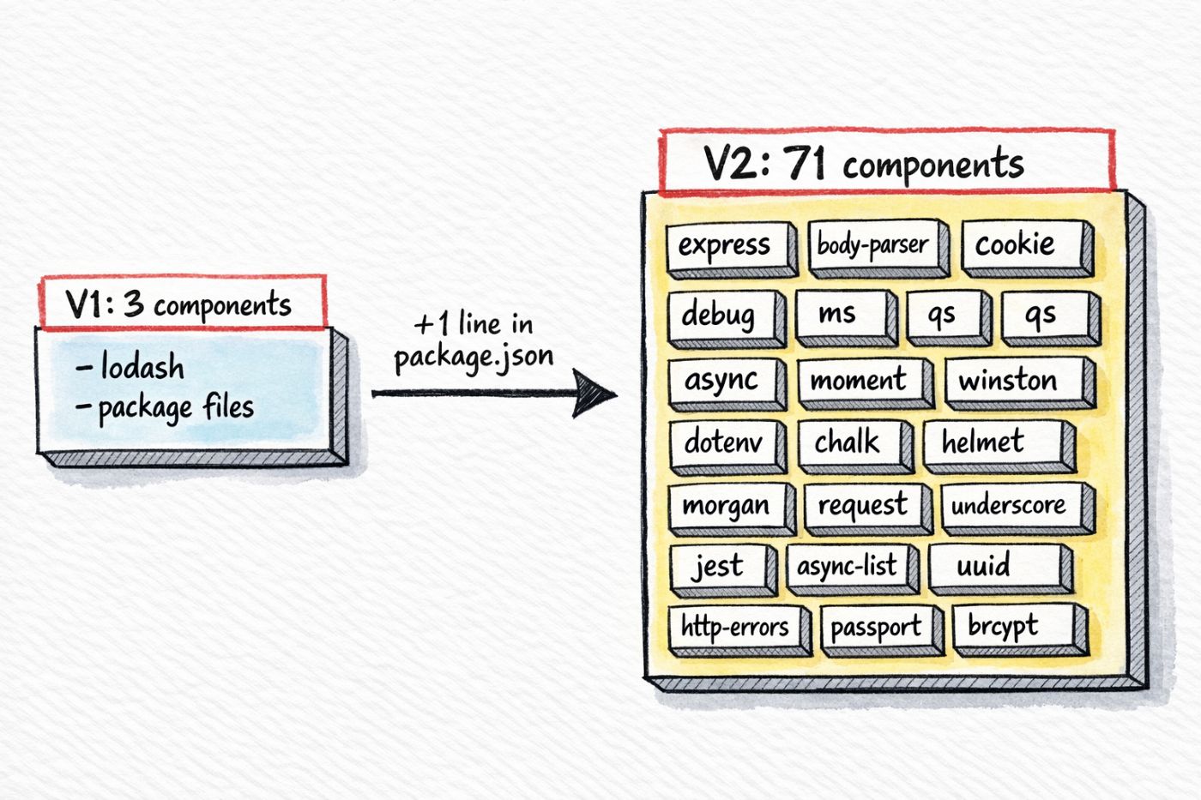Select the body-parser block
point(872,245)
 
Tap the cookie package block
point(1020,245)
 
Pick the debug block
point(720,316)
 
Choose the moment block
point(859,380)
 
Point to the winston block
point(1012,380)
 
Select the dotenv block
point(722,442)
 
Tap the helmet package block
point(991,442)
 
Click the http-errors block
point(734,628)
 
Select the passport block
point(877,629)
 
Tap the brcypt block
point(1011,627)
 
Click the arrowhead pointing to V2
point(595,394)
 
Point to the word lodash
point(142,367)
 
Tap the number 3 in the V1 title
point(133,304)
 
